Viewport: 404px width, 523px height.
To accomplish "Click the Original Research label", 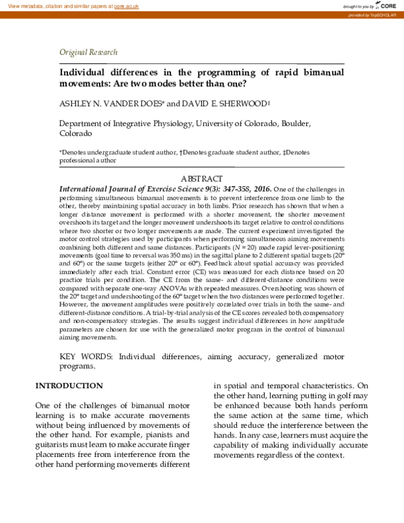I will pyautogui.click(x=88, y=52).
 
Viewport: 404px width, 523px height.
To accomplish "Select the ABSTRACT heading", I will pyautogui.click(x=202, y=179).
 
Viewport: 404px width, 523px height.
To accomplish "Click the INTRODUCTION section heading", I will pyautogui.click(x=69, y=386).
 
